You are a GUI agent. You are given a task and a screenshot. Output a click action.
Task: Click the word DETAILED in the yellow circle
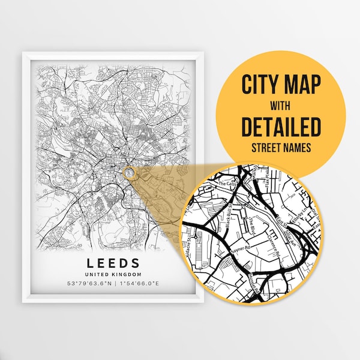281,127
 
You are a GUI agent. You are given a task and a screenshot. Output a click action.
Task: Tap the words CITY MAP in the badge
281,84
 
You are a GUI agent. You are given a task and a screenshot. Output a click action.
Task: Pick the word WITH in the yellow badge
281,105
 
